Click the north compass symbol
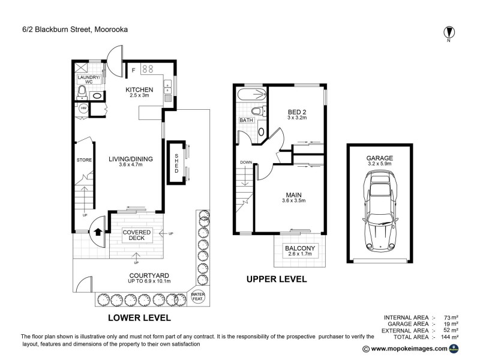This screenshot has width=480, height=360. click(448, 32)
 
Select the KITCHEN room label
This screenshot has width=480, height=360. click(140, 90)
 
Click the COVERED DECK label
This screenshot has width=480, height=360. click(136, 236)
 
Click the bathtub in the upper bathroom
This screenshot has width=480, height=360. click(252, 94)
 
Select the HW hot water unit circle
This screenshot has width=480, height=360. click(83, 109)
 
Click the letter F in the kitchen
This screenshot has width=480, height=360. click(133, 70)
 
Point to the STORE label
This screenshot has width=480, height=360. click(83, 160)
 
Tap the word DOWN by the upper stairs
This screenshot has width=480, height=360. click(246, 163)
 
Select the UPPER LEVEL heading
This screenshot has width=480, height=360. click(277, 279)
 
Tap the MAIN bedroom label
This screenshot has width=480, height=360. click(293, 194)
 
